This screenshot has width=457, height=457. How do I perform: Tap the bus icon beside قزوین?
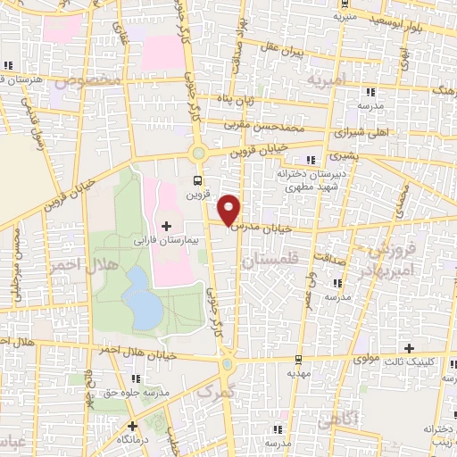194,179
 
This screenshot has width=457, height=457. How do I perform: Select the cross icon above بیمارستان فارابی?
167,226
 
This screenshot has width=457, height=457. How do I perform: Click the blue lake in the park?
140,299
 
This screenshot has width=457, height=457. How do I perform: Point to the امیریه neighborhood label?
326,82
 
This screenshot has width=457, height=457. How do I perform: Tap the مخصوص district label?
87,81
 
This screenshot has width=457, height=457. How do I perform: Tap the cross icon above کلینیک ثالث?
410,348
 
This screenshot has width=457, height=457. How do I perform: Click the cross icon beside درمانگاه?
132,426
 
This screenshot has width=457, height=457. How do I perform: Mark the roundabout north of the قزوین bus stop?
199,154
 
